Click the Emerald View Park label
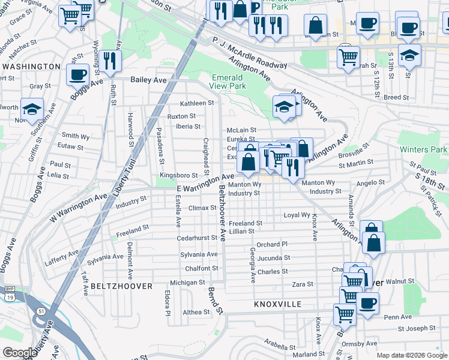[228, 82]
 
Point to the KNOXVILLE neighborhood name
[277, 304]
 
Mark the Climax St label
[202, 208]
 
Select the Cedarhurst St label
[197, 238]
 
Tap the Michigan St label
[187, 282]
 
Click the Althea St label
[196, 312]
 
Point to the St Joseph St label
[416, 328]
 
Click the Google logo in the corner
[19, 353]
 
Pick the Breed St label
[396, 97]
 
